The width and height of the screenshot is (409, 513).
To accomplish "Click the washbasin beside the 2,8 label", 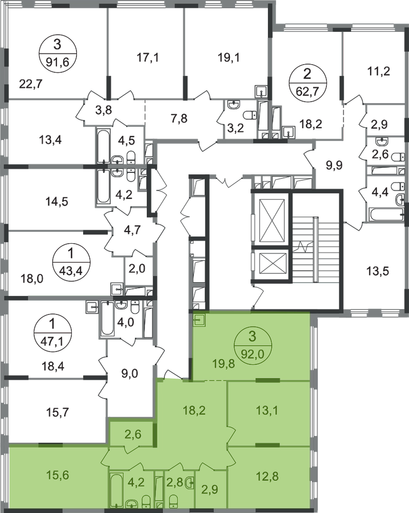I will pos(189,483).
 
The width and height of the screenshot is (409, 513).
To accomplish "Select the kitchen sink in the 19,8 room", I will pos(200,320).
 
